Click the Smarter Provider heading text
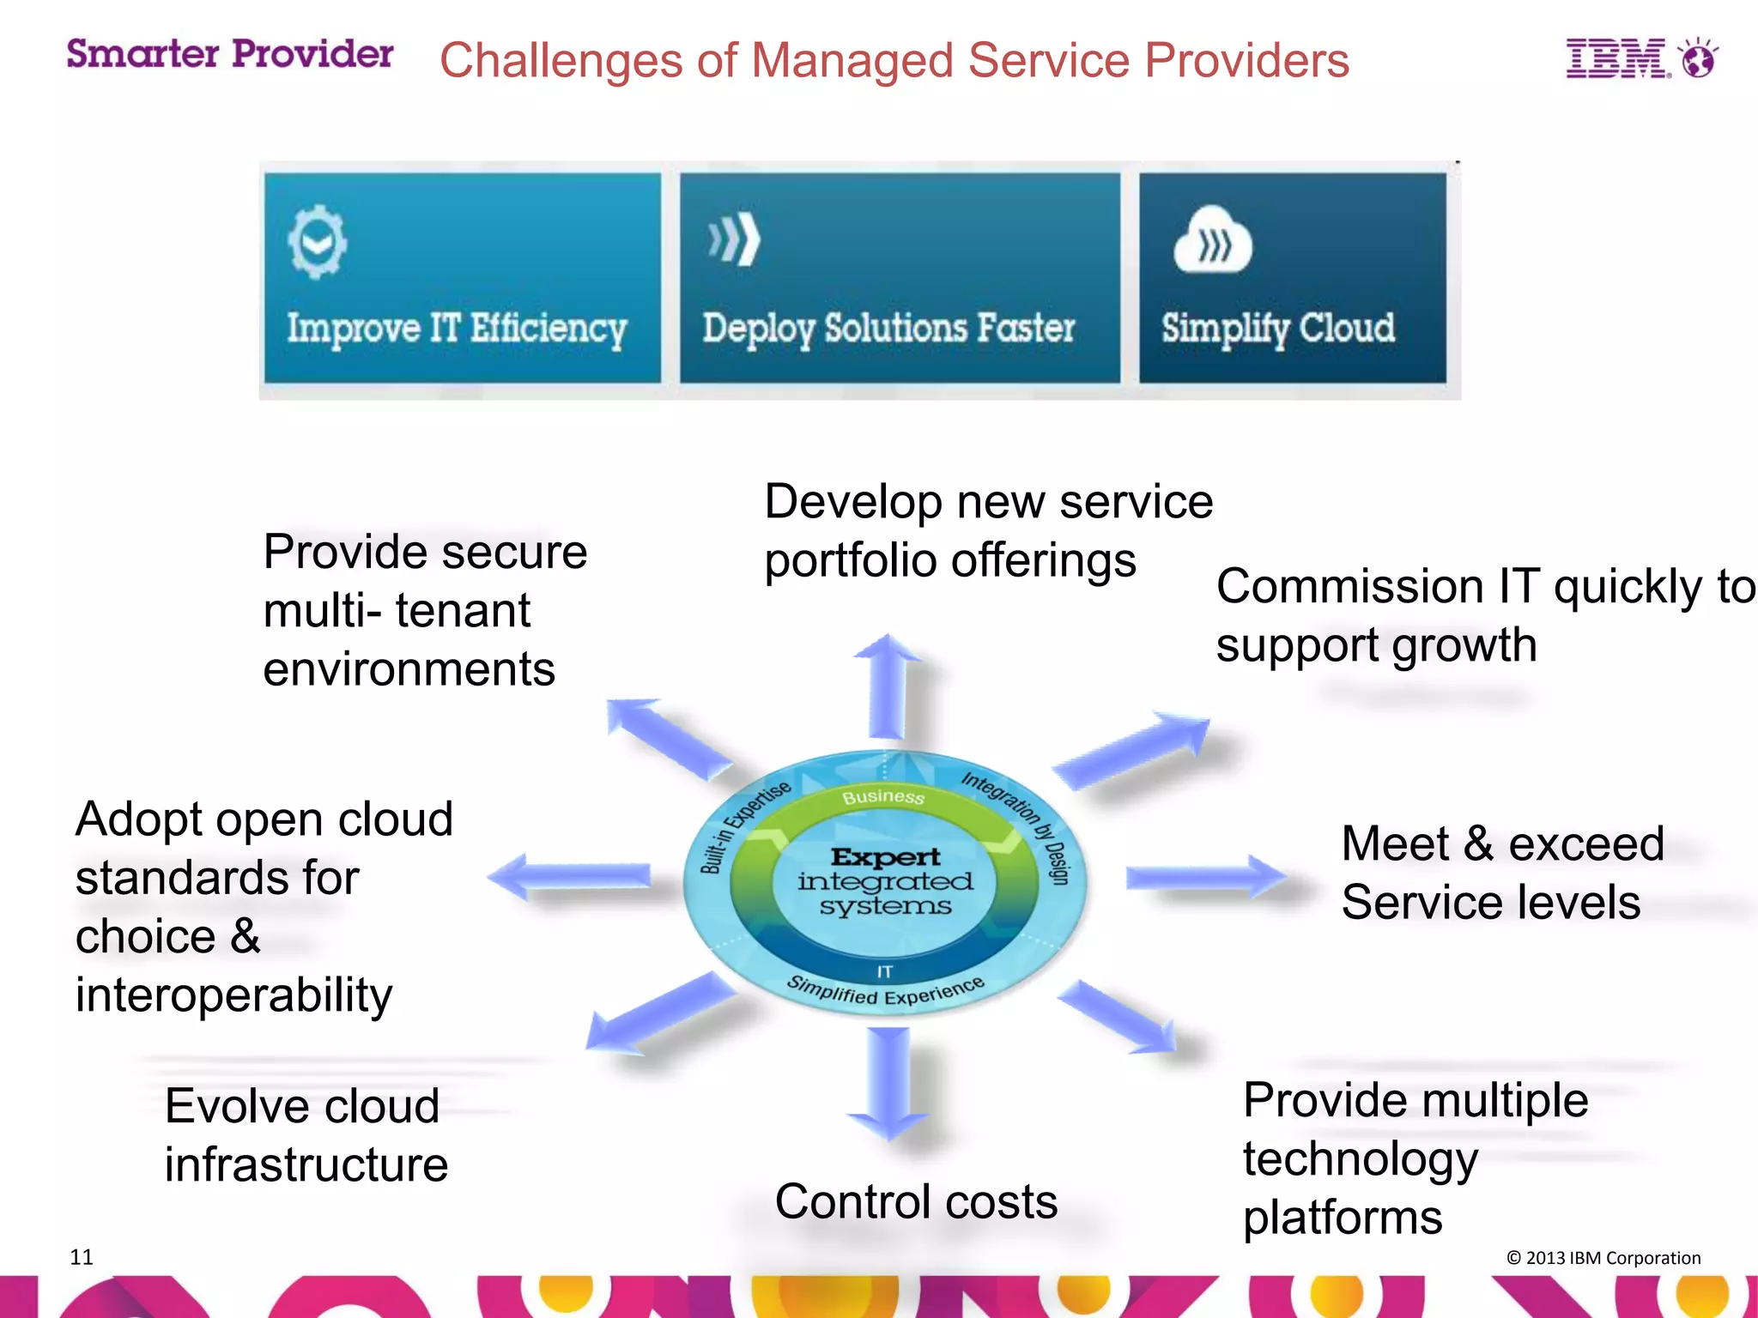point(229,54)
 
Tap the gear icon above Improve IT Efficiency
point(318,242)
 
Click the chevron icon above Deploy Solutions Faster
point(735,240)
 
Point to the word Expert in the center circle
point(885,856)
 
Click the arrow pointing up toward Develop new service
point(888,686)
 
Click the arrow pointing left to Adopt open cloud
point(570,877)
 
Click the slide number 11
point(82,1257)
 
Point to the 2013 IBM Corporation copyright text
point(1603,1258)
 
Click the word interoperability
point(233,995)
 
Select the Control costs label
point(916,1201)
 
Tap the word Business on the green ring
point(882,796)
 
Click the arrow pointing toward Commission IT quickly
point(1133,751)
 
